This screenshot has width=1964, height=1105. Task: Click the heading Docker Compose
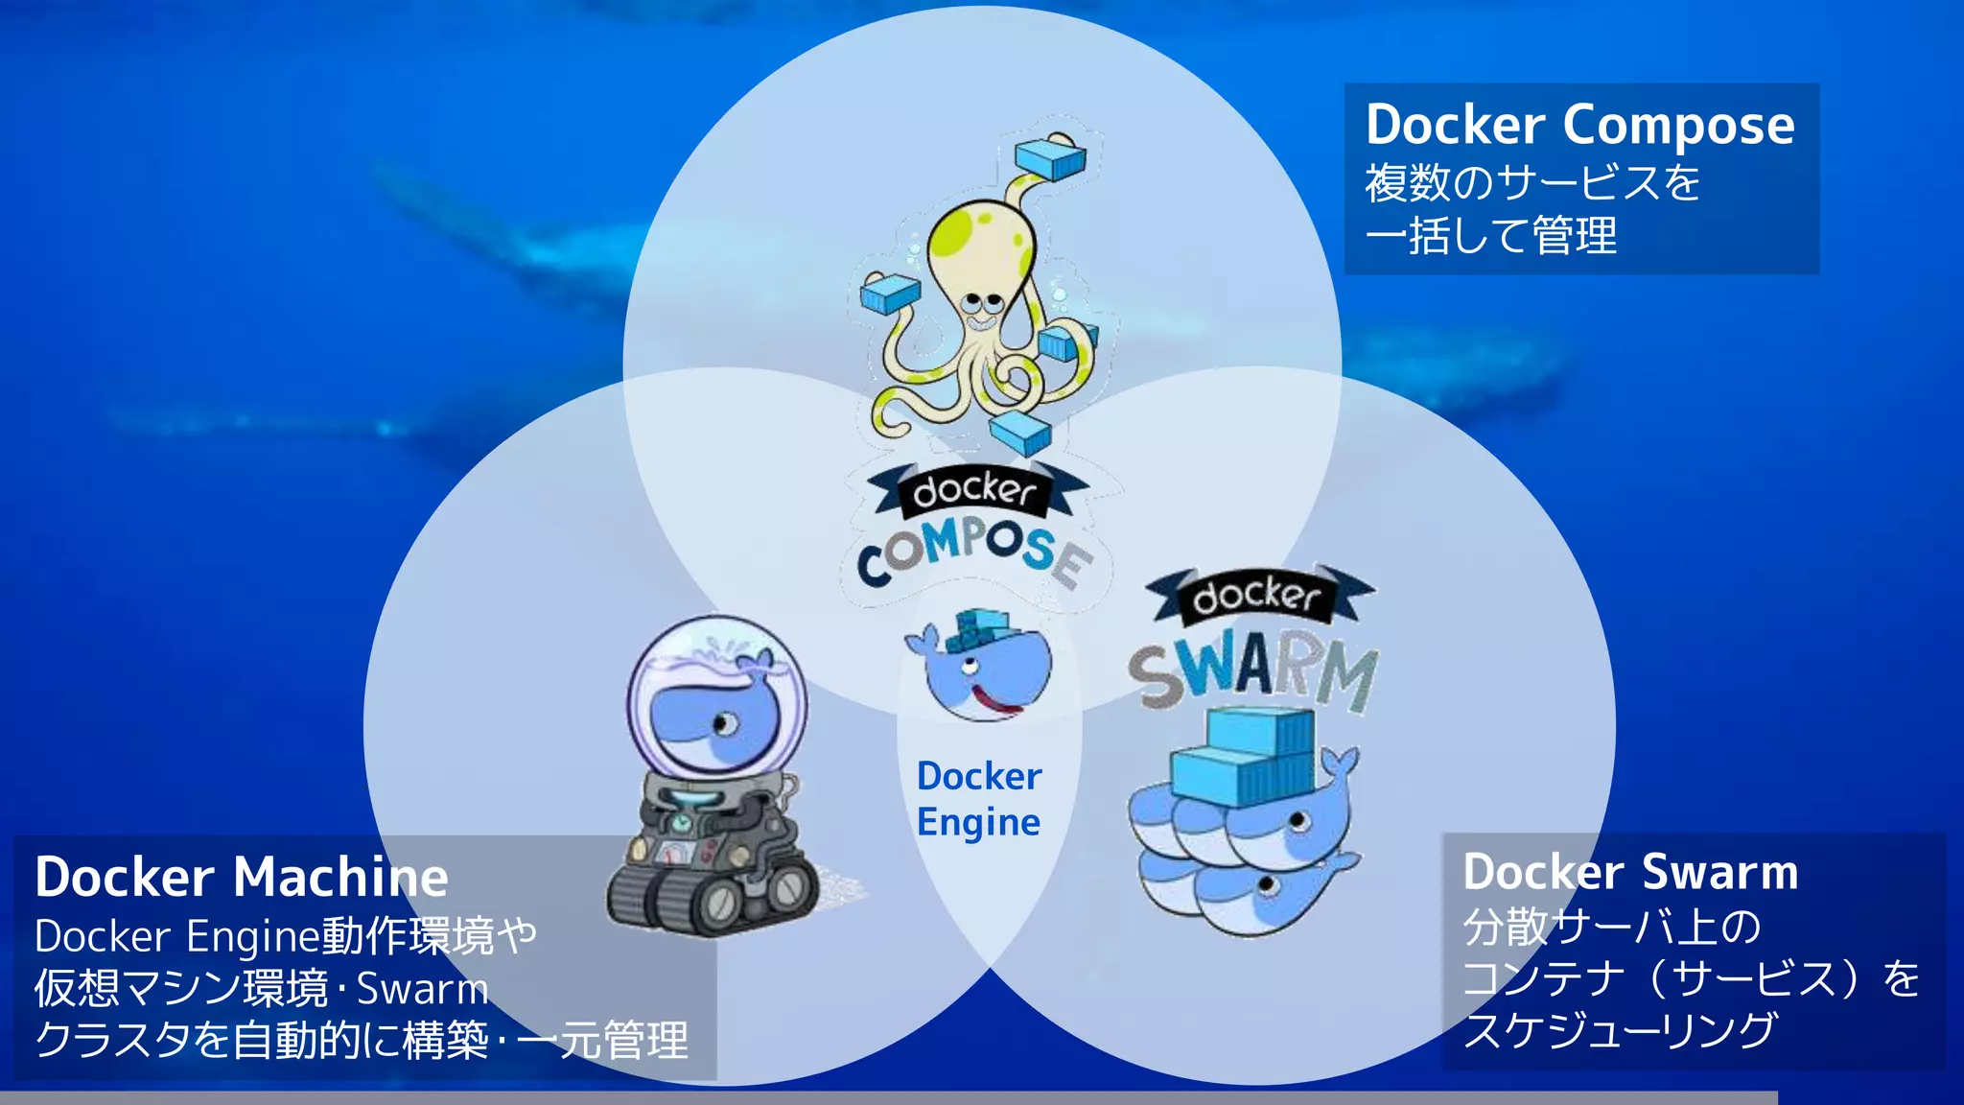coord(1579,126)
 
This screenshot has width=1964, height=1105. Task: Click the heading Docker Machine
coord(242,877)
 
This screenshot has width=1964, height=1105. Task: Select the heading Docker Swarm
coord(1630,872)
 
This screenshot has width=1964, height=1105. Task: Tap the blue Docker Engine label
coord(978,798)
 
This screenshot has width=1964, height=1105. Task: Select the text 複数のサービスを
coord(1531,182)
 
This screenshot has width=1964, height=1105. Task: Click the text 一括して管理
coord(1490,236)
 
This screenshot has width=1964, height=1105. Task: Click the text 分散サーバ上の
coord(1611,927)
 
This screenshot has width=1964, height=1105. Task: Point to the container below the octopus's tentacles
coord(1020,433)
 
